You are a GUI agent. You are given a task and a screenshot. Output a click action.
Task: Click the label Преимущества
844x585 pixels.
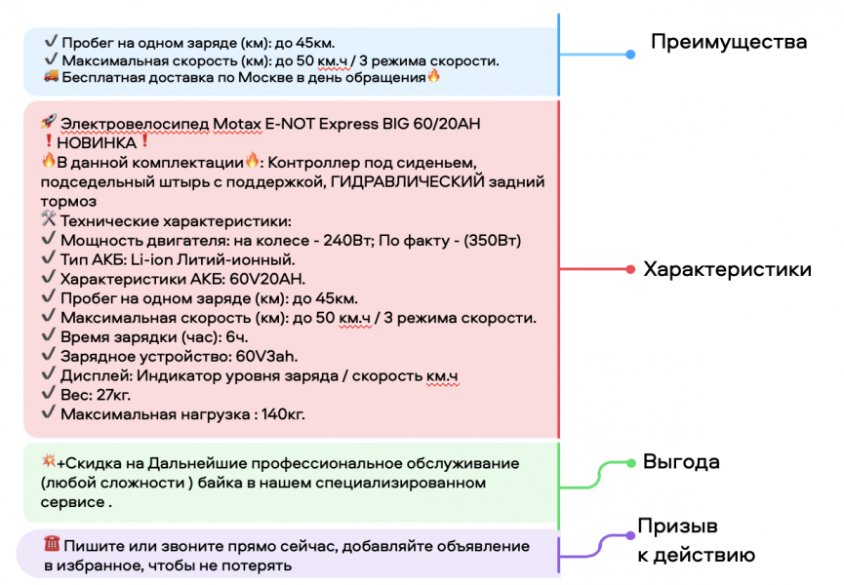pos(729,42)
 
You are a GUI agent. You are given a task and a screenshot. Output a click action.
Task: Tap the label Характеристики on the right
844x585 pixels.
pos(727,269)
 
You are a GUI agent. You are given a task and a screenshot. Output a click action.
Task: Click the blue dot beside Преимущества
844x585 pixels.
pos(630,54)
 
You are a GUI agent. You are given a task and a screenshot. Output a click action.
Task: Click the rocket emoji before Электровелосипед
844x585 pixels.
pos(48,124)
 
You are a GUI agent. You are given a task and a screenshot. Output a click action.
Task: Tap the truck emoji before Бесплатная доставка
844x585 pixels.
pos(51,77)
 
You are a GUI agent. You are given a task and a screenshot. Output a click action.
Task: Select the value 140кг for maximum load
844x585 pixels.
pos(283,414)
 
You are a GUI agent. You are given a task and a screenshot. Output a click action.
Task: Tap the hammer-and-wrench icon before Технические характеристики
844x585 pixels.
pos(49,221)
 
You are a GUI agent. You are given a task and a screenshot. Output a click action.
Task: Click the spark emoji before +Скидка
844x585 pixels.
pos(48,462)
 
